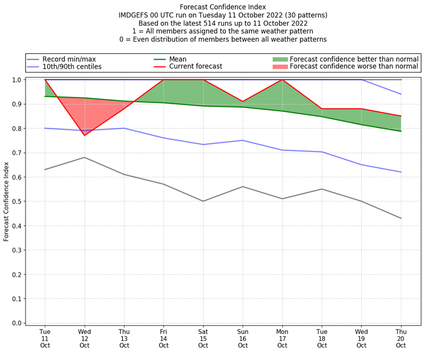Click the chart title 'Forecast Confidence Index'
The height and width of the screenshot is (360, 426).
223,7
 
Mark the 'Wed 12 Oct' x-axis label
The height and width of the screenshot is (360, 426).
85,339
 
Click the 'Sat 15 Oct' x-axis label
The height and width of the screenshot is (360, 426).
203,339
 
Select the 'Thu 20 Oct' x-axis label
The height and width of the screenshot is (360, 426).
401,339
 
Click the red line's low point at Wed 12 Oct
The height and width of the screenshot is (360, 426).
85,135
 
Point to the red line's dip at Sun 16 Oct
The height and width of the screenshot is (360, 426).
243,102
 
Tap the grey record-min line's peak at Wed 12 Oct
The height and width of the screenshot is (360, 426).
85,157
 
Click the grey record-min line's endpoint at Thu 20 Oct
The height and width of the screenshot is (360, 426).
401,218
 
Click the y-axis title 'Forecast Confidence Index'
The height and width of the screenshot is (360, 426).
6,201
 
